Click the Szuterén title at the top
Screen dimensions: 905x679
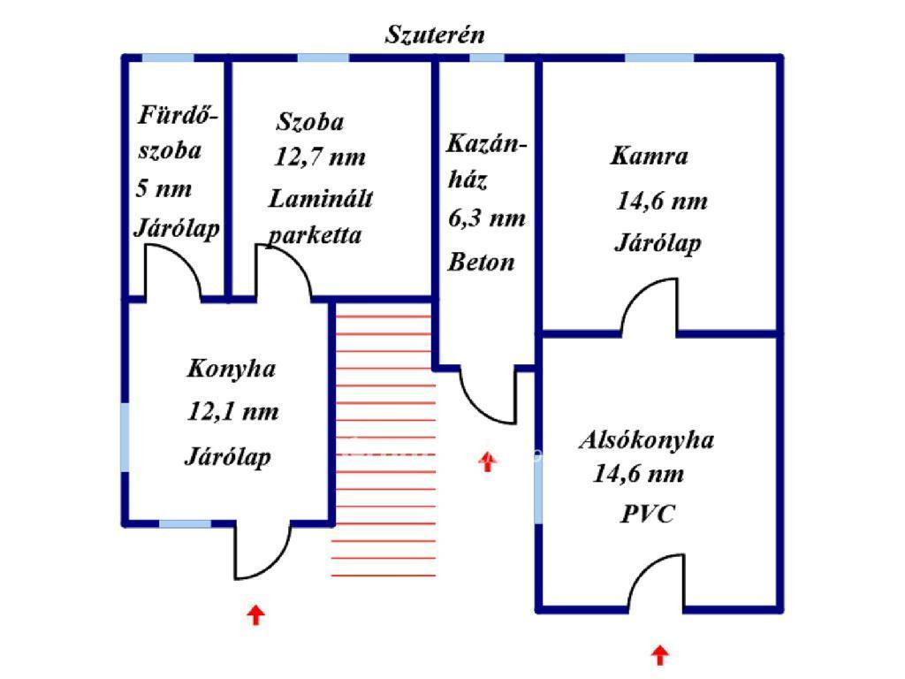click(435, 34)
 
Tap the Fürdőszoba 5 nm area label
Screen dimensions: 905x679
click(164, 188)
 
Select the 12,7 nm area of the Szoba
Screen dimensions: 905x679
click(320, 157)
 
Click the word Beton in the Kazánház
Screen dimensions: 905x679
click(481, 262)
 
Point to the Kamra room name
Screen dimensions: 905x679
click(650, 156)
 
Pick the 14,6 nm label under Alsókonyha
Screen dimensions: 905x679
click(639, 474)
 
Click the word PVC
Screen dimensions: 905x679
click(647, 514)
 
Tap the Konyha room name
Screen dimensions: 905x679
click(232, 369)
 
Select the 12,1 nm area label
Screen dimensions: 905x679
click(232, 412)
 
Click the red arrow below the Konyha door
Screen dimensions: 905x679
click(255, 615)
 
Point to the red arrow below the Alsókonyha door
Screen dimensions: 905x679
click(660, 656)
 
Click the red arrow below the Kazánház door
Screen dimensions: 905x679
click(488, 462)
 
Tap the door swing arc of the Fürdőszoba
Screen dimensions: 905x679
click(184, 258)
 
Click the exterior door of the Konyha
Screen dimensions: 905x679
click(276, 564)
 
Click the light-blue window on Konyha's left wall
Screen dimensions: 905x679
click(125, 437)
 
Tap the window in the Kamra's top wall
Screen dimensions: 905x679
click(659, 57)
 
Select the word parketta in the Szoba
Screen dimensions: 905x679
click(316, 235)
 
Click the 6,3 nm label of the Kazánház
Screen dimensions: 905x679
click(487, 218)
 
